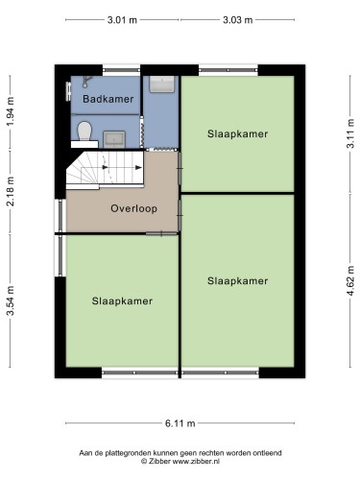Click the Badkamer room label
pyautogui.click(x=108, y=99)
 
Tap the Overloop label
pyautogui.click(x=134, y=208)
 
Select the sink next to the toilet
pyautogui.click(x=114, y=139)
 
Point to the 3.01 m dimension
pyautogui.click(x=122, y=20)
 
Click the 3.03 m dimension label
pyautogui.click(x=237, y=20)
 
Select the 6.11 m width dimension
pyautogui.click(x=180, y=423)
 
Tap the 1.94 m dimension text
pyautogui.click(x=11, y=111)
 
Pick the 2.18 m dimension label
pyautogui.click(x=11, y=191)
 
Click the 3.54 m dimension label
pyautogui.click(x=11, y=300)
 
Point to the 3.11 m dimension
pyautogui.click(x=350, y=133)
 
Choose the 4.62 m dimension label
pyautogui.click(x=350, y=281)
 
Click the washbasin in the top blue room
pyautogui.click(x=162, y=84)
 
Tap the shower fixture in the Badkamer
pyautogui.click(x=86, y=82)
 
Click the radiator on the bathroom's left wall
pyautogui.click(x=68, y=92)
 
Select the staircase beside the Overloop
pyautogui.click(x=105, y=169)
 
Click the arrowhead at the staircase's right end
pyautogui.click(x=139, y=167)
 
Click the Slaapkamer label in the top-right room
pyautogui.click(x=237, y=133)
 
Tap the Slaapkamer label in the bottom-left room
pyautogui.click(x=122, y=301)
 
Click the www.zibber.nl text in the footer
pyautogui.click(x=196, y=462)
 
